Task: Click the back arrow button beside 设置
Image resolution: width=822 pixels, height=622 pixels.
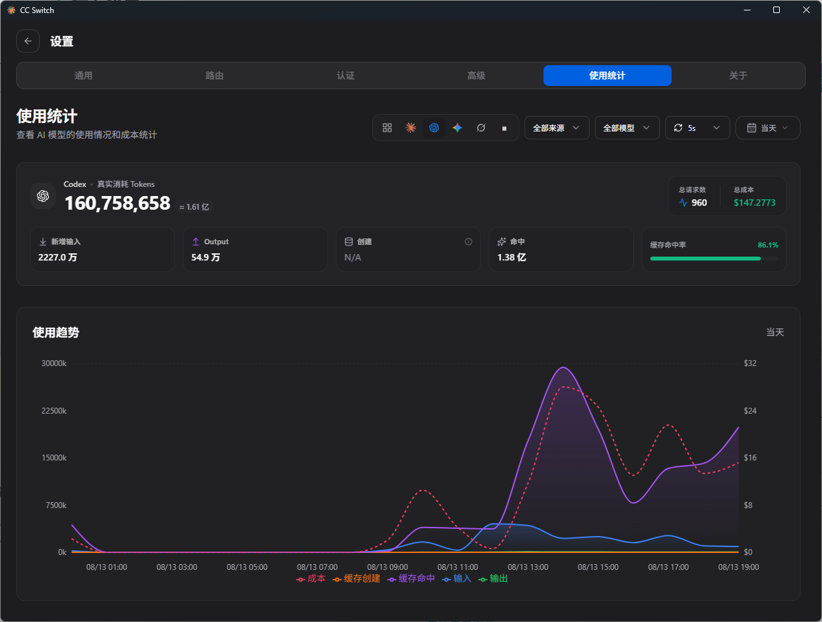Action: pos(28,41)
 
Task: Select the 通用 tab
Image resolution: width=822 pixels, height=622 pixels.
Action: pos(83,76)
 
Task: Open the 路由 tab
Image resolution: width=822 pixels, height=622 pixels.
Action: pos(214,76)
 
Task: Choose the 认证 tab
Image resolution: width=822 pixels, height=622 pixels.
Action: pos(346,76)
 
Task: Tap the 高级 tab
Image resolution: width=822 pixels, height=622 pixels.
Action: pos(476,76)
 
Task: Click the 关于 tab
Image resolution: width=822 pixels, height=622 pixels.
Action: pos(738,76)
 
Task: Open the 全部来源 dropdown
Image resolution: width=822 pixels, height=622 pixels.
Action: pos(557,128)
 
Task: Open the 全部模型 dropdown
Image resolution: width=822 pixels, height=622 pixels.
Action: pos(627,128)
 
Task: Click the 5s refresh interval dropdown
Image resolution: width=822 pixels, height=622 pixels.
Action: pos(697,128)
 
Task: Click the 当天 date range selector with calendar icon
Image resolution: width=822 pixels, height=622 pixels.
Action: pos(768,128)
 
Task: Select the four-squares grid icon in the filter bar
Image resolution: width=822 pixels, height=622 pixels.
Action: pos(387,128)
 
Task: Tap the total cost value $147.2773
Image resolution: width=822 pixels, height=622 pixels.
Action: pos(754,203)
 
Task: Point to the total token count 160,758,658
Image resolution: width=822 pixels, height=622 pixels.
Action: pos(117,203)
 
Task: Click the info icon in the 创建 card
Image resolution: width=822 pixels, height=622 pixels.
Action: pos(469,242)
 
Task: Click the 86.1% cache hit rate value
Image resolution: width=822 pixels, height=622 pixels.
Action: pos(768,245)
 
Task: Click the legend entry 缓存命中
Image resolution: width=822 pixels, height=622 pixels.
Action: pos(411,578)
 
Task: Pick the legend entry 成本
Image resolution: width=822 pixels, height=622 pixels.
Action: pos(311,578)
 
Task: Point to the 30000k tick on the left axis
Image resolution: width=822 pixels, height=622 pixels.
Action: pos(54,363)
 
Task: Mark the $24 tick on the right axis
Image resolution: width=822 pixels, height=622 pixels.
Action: pos(750,411)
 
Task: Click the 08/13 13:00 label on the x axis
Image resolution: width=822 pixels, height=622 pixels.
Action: pos(528,567)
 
